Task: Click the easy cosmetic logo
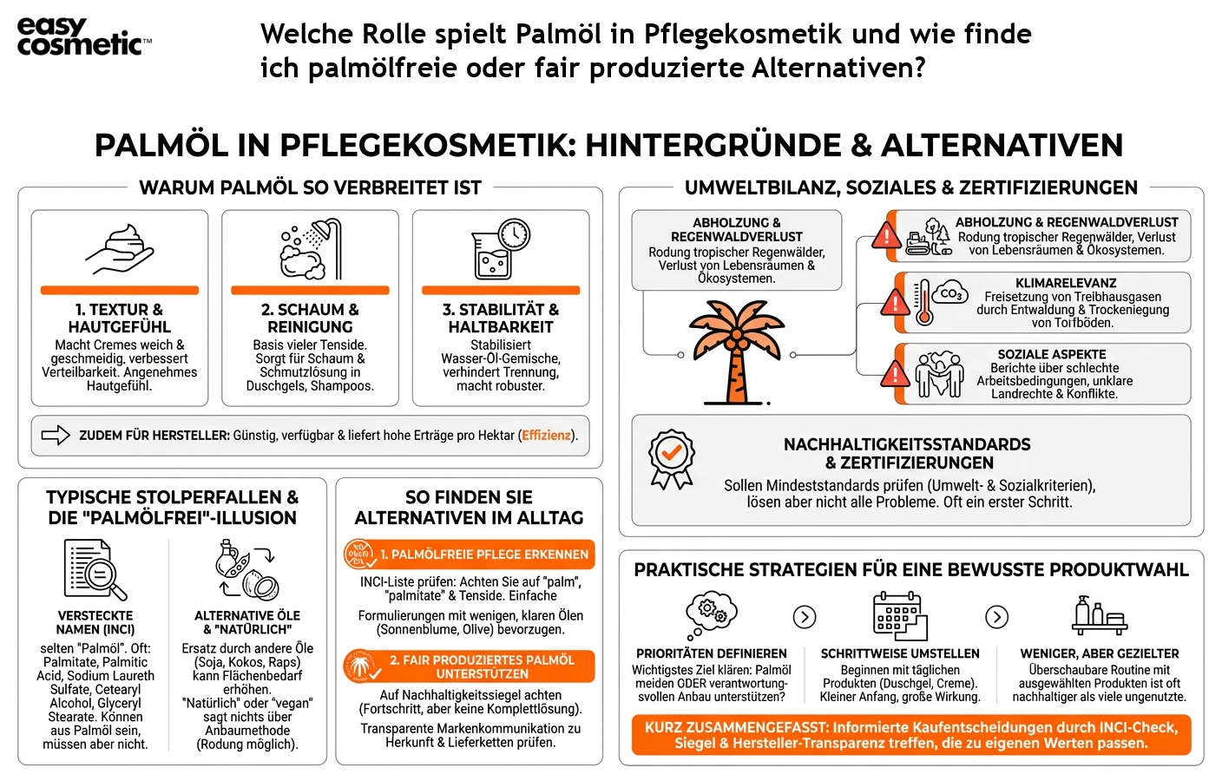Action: [83, 36]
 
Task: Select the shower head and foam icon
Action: [310, 250]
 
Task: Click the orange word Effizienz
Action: [546, 436]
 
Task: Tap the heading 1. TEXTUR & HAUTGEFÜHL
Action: [120, 318]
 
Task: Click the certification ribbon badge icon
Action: [671, 459]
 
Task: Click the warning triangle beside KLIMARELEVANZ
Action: [894, 303]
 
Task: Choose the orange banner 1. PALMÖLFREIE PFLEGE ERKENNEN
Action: [470, 555]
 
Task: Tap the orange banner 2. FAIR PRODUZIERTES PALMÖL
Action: [470, 666]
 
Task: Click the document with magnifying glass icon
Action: [95, 569]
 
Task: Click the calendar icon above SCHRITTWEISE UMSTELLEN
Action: [899, 616]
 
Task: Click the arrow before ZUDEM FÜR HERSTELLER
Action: [56, 436]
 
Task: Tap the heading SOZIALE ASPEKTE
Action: [1051, 354]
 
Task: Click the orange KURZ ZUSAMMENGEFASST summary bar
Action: [910, 735]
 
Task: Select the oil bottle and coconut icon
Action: [247, 570]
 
